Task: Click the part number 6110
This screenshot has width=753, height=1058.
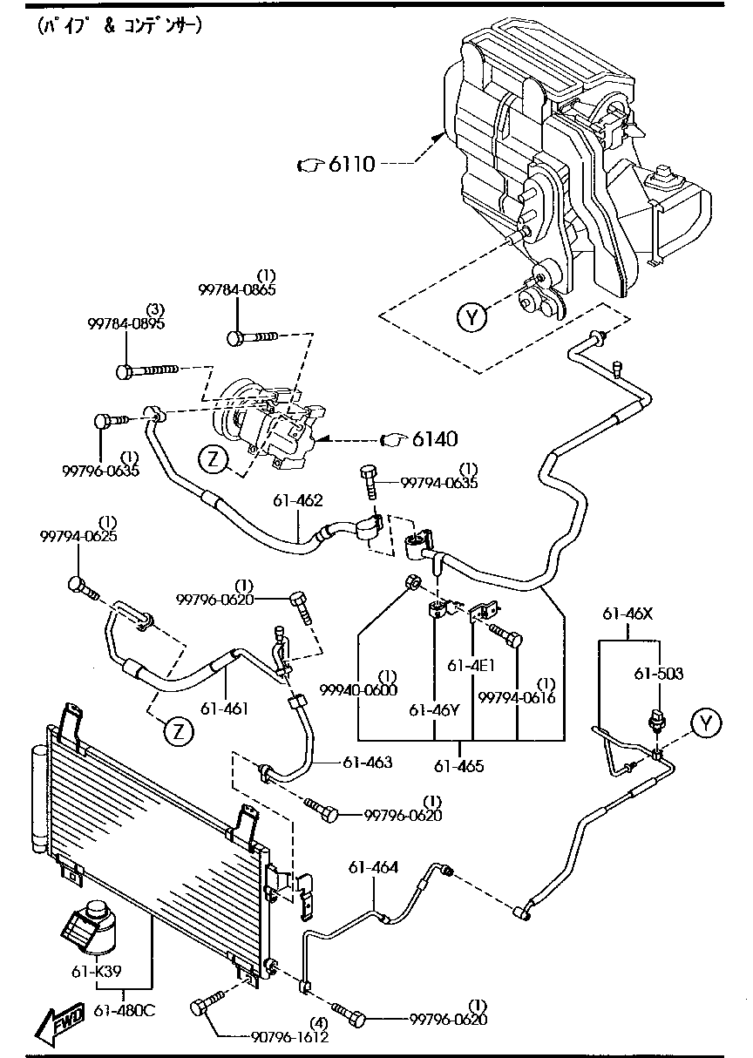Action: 352,163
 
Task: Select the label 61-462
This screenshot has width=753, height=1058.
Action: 298,500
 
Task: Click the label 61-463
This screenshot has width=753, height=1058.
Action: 367,763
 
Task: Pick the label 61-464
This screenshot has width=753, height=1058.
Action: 374,867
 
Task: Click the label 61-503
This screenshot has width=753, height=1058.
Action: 658,674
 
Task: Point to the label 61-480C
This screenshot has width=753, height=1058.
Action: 124,1011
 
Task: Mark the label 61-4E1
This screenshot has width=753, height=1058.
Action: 472,665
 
